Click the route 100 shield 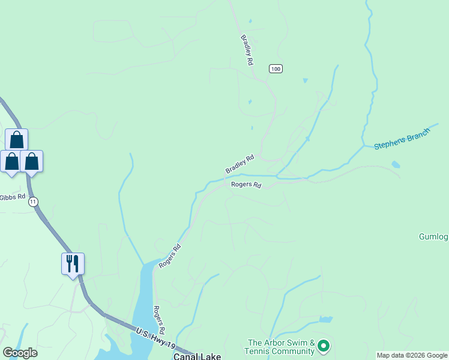(276, 69)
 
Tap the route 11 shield (33, 202)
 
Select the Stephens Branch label (402, 139)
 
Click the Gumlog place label (433, 236)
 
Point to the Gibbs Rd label (12, 197)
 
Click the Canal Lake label (197, 356)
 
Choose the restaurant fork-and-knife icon (73, 263)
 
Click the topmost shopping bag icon (17, 140)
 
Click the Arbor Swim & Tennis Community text (281, 347)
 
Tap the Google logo (20, 353)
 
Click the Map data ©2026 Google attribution (412, 355)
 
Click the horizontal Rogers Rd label (246, 185)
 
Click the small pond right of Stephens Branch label (396, 164)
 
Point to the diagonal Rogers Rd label (170, 256)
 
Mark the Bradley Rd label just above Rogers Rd (240, 164)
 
